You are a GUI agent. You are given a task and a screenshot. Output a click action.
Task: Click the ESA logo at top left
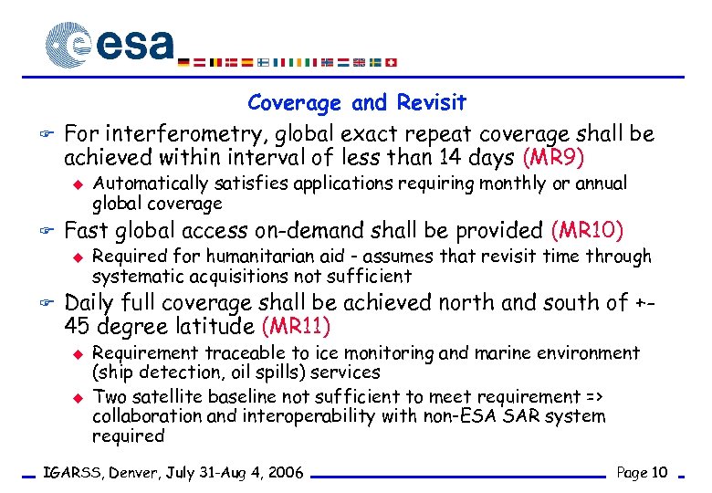coord(110,44)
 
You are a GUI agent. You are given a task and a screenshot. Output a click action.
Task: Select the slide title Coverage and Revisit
coord(356,103)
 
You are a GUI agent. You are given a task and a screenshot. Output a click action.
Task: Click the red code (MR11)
coord(296,325)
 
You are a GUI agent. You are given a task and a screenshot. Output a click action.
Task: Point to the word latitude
coord(214,325)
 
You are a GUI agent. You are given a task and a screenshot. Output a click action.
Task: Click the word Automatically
coord(146,184)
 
